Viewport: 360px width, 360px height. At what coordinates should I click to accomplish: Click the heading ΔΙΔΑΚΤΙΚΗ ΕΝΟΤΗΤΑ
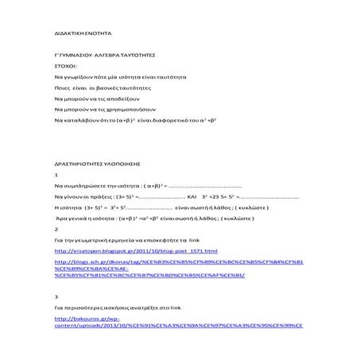[78, 37]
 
